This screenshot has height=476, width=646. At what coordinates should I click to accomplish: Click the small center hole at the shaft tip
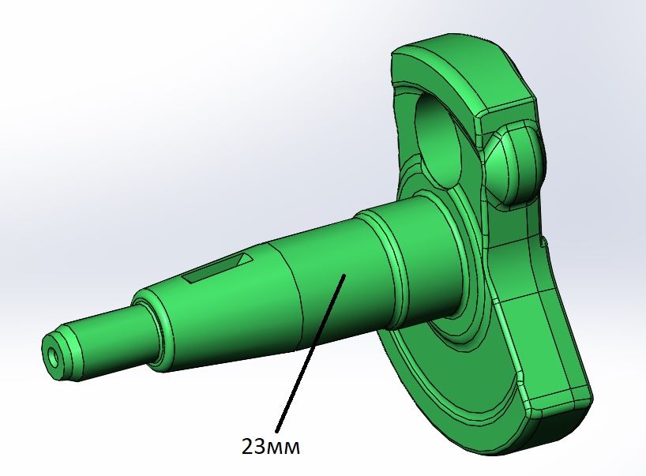point(53,357)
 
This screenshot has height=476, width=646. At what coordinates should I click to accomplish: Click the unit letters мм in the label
point(285,448)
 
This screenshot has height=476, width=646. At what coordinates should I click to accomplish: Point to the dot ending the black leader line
point(344,275)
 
